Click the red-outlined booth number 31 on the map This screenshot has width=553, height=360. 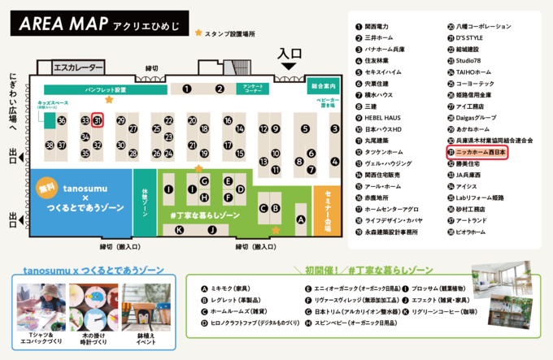point(97,120)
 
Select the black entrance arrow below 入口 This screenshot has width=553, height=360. point(290,76)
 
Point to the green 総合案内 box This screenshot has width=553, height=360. point(324,85)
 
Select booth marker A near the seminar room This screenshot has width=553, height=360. point(300,220)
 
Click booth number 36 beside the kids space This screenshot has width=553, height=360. point(62,120)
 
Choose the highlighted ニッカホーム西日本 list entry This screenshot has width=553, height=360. point(477,152)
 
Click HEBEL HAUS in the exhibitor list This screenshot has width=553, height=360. point(381,117)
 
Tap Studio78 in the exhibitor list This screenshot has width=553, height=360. point(467,60)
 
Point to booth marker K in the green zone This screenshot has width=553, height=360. point(179,230)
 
